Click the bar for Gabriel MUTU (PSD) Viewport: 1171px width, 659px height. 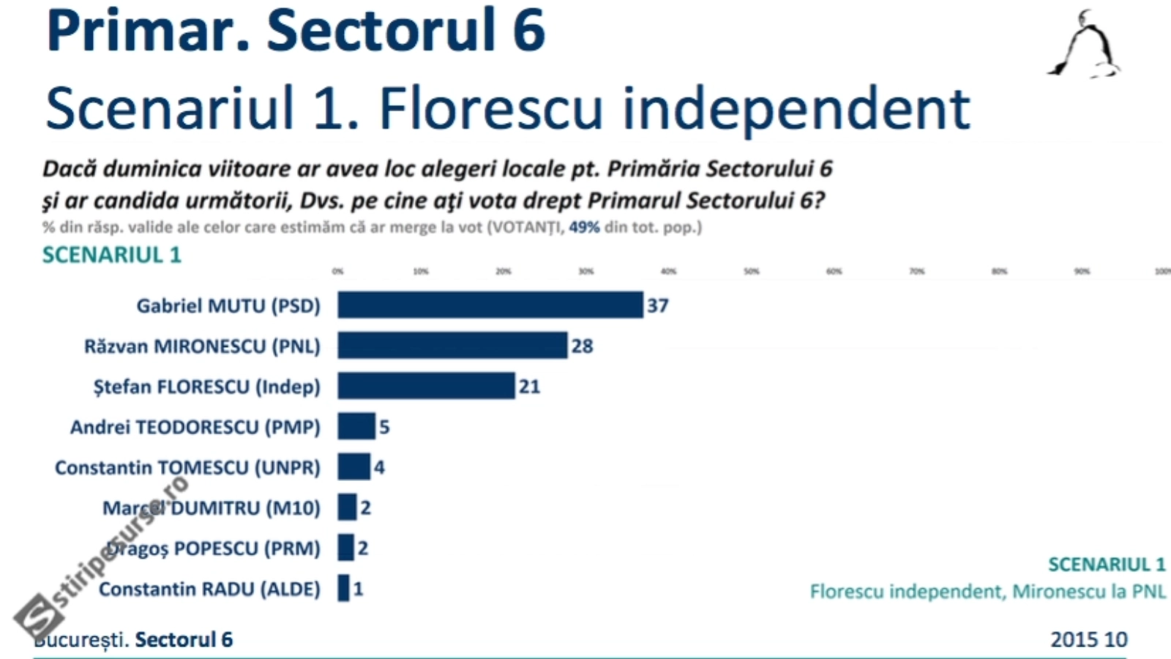coord(490,305)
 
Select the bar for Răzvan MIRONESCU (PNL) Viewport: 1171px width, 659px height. coord(452,346)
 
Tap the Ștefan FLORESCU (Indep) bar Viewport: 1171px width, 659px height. coord(426,386)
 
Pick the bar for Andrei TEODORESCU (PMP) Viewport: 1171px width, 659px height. coord(356,426)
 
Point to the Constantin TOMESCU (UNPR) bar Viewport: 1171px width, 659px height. coord(353,466)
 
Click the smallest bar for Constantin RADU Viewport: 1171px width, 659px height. coord(343,588)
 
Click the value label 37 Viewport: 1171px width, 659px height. coord(657,305)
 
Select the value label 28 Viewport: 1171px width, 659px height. coord(582,346)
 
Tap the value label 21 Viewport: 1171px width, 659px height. coord(529,387)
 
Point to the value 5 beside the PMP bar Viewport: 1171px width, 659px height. coord(384,427)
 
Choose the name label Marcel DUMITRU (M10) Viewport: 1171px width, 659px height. coord(212,507)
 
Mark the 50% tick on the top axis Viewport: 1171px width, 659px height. coord(752,272)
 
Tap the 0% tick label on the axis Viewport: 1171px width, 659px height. coord(337,272)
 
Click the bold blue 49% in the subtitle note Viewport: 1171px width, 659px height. coord(584,227)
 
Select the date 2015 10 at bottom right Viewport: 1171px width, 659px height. coord(1088,639)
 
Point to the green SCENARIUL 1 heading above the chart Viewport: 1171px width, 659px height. coord(111,255)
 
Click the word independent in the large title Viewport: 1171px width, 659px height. coord(796,108)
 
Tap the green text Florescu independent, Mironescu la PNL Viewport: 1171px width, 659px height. coord(987,591)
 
